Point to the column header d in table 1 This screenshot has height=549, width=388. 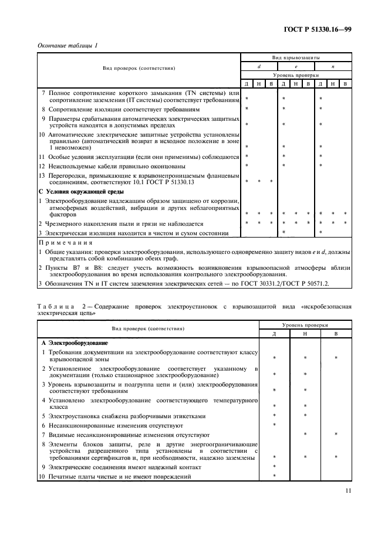tap(259, 67)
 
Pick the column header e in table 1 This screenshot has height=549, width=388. tap(296, 67)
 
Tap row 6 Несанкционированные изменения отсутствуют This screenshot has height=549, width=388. tap(115, 425)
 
